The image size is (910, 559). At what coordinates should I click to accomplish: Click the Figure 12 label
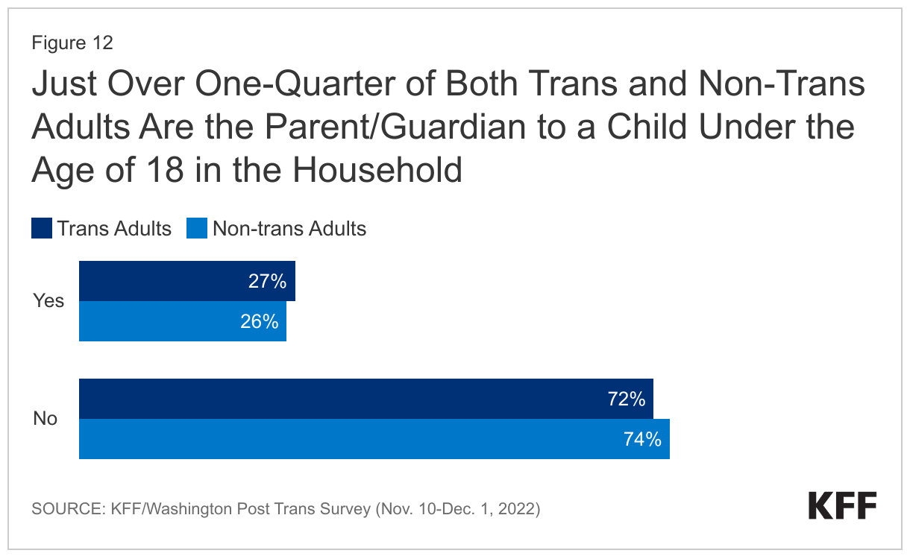tap(72, 43)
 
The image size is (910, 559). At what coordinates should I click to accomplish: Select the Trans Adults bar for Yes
tap(186, 281)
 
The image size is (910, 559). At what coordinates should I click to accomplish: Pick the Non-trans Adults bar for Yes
tap(182, 321)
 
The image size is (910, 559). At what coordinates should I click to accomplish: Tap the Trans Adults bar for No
tap(365, 399)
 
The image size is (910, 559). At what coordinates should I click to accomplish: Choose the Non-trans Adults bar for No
tap(374, 439)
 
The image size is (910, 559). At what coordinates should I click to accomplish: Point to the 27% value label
tap(268, 281)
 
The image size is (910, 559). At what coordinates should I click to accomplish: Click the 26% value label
tap(260, 321)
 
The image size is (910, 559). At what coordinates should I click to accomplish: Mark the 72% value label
tap(626, 399)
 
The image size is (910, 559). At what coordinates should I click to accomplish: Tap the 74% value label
tap(642, 439)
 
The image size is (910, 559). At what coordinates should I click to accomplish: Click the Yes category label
tap(48, 301)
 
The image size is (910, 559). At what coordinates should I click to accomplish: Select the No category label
tap(45, 419)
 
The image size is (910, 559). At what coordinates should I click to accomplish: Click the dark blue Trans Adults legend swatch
tap(42, 228)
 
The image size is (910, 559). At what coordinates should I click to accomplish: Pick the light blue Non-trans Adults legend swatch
tap(197, 228)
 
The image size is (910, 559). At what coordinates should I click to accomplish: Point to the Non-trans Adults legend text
tap(289, 228)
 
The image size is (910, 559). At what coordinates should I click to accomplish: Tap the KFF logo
tap(843, 506)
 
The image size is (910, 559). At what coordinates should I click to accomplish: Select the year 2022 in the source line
tap(519, 510)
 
